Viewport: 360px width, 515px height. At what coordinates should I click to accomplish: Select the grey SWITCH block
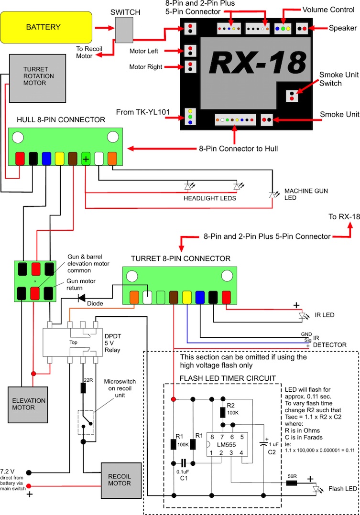coord(127,31)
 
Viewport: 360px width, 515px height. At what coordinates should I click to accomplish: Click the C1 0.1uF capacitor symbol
coord(183,463)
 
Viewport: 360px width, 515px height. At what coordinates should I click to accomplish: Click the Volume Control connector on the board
coord(283,28)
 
